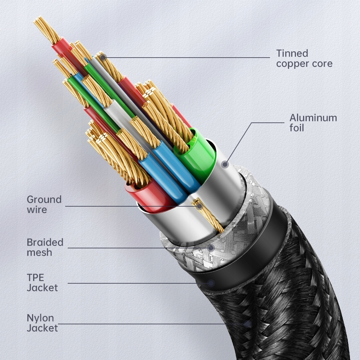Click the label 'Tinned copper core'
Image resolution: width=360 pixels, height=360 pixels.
point(304,59)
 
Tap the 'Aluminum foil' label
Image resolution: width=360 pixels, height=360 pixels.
point(313,123)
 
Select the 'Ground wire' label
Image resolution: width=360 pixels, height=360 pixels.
point(44,204)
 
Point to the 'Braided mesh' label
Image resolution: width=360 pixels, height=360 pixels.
point(45,247)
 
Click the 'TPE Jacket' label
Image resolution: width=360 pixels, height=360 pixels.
point(42,283)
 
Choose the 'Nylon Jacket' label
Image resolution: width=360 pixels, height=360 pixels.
point(42,323)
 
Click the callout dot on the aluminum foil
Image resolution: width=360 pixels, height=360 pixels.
point(225,165)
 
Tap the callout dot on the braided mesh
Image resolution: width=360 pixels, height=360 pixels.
point(211,248)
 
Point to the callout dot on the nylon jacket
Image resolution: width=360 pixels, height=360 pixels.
point(247,324)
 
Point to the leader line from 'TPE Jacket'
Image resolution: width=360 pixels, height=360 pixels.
point(137,283)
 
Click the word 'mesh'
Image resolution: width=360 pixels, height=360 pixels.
point(39,252)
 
